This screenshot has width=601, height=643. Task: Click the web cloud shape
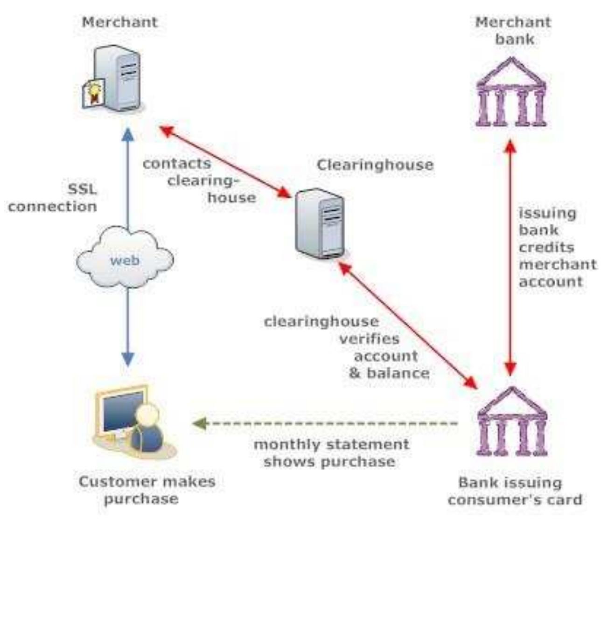pyautogui.click(x=125, y=257)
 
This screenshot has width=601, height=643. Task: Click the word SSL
pyautogui.click(x=82, y=189)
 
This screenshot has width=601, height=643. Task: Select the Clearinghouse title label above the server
pyautogui.click(x=375, y=165)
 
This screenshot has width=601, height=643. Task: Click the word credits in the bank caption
pyautogui.click(x=546, y=247)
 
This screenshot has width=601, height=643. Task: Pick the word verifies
pyautogui.click(x=369, y=339)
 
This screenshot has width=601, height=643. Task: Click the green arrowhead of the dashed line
pyautogui.click(x=199, y=423)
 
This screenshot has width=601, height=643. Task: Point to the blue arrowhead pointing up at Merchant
pyautogui.click(x=127, y=135)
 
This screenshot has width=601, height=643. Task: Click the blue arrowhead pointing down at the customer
pyautogui.click(x=127, y=359)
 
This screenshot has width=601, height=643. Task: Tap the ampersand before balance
pyautogui.click(x=355, y=373)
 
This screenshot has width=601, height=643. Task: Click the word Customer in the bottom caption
pyautogui.click(x=111, y=481)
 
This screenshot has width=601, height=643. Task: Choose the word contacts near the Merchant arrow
pyautogui.click(x=176, y=164)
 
